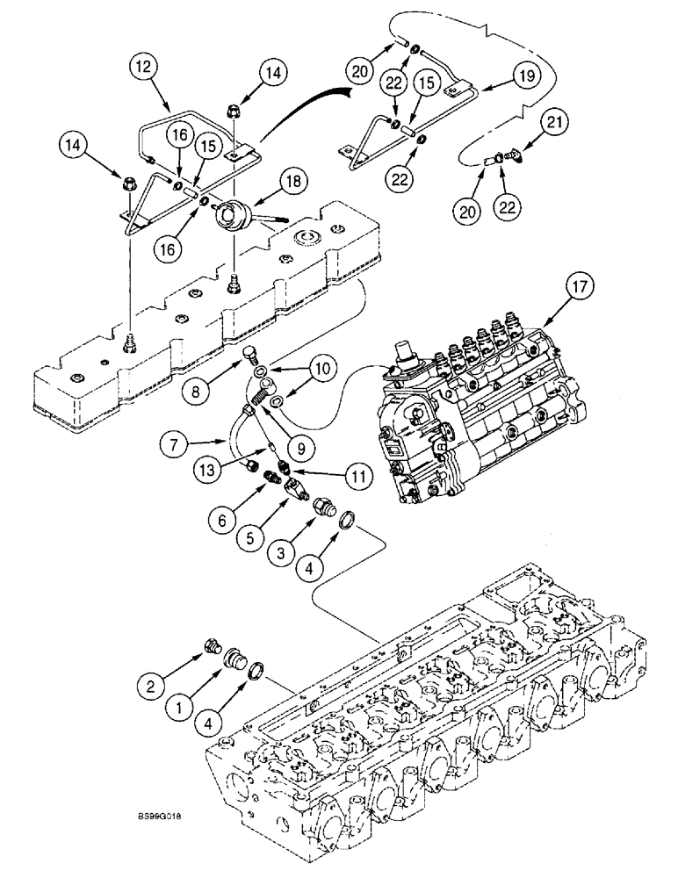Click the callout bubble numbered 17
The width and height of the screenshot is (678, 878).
[585, 285]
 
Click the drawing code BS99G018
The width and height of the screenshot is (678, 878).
[161, 817]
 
